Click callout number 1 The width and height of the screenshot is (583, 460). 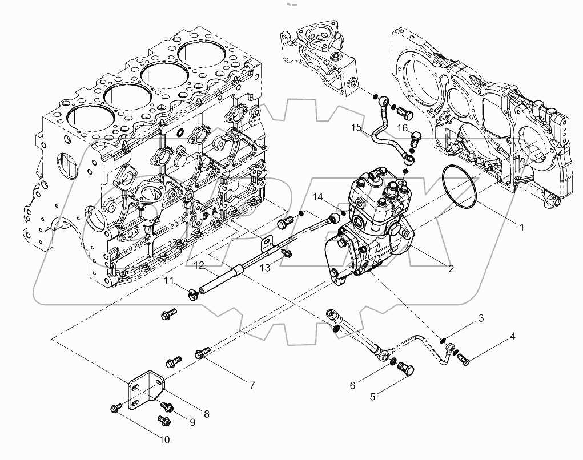point(521,227)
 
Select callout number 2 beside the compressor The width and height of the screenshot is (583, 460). point(451,268)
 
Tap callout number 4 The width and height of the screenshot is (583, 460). point(512,336)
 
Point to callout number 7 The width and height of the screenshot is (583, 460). point(251,386)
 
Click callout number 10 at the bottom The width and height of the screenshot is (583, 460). point(164,440)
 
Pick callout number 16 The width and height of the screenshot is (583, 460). point(402,128)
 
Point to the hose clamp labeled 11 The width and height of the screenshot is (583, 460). point(192,294)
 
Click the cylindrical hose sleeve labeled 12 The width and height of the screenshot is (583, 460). point(218,280)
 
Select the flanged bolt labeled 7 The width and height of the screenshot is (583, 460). point(203,353)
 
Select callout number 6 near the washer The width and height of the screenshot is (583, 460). point(352,385)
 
